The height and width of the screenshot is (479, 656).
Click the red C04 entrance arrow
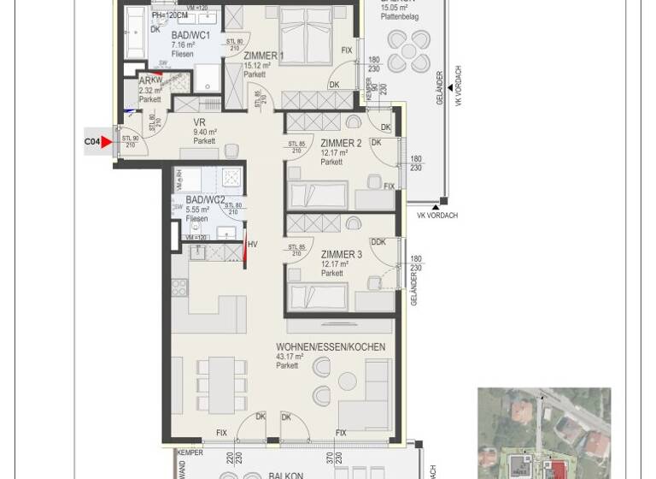point(107,142)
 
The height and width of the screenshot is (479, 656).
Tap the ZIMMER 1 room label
point(263,56)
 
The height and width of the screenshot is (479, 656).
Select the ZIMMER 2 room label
point(341,143)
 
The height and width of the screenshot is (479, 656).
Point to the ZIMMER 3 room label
point(341,255)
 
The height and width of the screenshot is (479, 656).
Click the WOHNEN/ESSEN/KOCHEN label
point(330,347)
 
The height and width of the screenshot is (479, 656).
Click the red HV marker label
point(252,245)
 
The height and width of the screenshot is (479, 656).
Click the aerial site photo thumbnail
point(543,433)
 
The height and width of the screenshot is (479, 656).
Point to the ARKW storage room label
point(150,82)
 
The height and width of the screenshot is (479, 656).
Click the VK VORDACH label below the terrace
point(436,216)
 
